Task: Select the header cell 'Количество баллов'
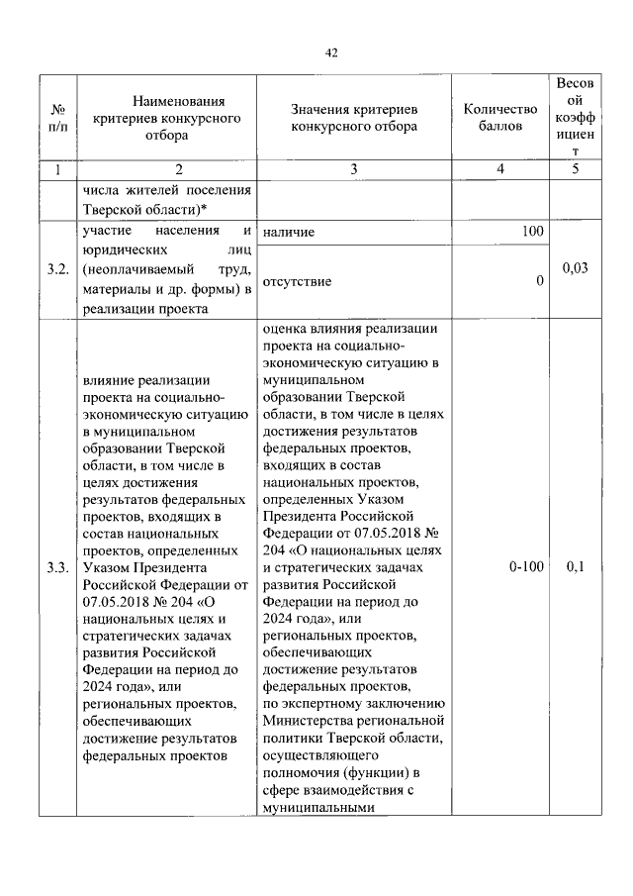click(x=500, y=117)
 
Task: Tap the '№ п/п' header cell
click(x=58, y=117)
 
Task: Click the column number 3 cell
click(x=354, y=169)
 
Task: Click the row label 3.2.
click(x=57, y=270)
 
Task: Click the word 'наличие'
click(x=289, y=233)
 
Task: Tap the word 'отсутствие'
click(x=298, y=282)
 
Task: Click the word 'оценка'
click(x=287, y=329)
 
